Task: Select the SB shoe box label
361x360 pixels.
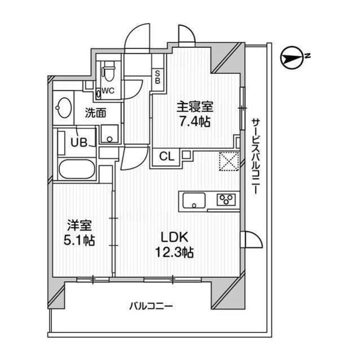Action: pyautogui.click(x=157, y=76)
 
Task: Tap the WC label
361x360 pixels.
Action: pyautogui.click(x=108, y=91)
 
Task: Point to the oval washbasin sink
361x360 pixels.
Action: pyautogui.click(x=64, y=107)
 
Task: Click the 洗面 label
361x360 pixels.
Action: pyautogui.click(x=95, y=113)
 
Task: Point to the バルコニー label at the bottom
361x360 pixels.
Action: pyautogui.click(x=151, y=306)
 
